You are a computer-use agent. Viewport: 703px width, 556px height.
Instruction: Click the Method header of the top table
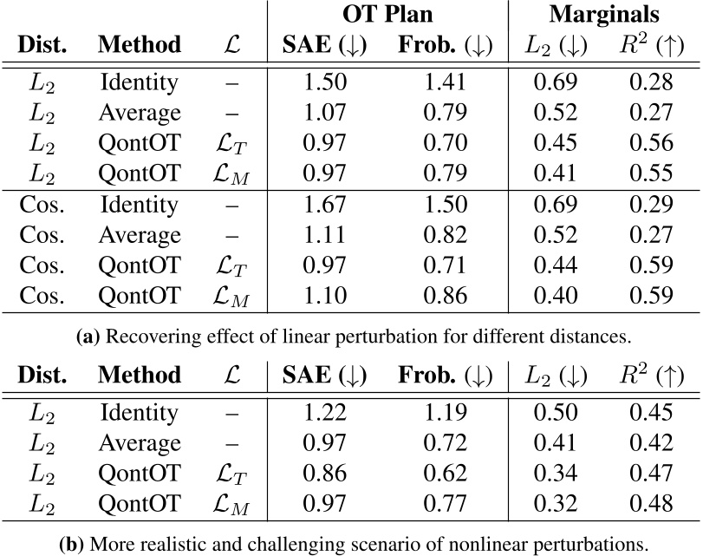(x=140, y=44)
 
